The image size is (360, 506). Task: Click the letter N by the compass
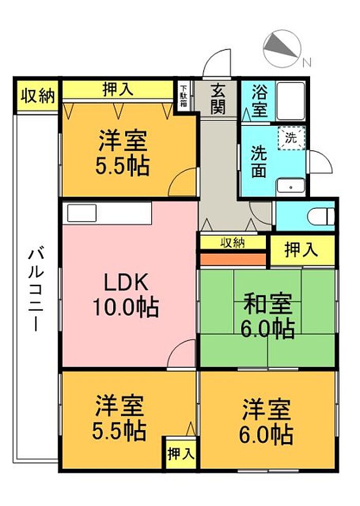307,62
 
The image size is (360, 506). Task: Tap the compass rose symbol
282,49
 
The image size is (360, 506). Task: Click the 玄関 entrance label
218,99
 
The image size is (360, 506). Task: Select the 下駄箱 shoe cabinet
184,96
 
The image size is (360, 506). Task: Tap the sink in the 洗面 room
291,187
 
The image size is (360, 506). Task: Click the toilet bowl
321,216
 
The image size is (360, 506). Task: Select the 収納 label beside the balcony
38,96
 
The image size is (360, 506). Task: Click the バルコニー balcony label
35,289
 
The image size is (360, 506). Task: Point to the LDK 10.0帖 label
126,295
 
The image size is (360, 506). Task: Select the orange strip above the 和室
233,259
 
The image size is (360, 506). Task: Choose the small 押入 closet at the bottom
181,454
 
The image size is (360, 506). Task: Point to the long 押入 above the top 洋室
118,89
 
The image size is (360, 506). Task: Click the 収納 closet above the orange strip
232,242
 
